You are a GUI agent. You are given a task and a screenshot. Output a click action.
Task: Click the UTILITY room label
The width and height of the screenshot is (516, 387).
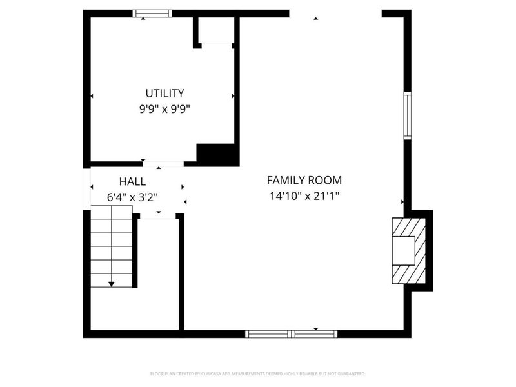pyautogui.click(x=164, y=94)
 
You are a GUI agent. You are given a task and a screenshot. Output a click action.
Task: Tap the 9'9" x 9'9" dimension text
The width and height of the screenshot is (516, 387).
pyautogui.click(x=164, y=109)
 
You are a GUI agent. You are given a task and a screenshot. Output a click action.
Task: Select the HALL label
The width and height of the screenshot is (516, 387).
pyautogui.click(x=132, y=182)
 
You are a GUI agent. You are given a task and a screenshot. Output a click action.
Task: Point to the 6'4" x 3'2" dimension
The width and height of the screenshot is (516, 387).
pyautogui.click(x=132, y=197)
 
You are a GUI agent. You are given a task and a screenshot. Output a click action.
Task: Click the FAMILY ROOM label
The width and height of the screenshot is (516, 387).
pyautogui.click(x=304, y=181)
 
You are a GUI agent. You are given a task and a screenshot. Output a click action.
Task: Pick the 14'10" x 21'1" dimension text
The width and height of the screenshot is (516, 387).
pyautogui.click(x=304, y=196)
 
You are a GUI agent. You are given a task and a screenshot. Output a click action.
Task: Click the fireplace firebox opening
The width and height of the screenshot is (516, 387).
pyautogui.click(x=404, y=250)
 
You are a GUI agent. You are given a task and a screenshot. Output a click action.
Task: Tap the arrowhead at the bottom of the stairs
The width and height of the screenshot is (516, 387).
pyautogui.click(x=112, y=284)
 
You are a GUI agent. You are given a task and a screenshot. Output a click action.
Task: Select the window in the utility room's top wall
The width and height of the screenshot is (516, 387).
pyautogui.click(x=152, y=14)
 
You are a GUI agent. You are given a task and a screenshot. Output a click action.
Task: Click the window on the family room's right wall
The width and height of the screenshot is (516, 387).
pyautogui.click(x=408, y=115)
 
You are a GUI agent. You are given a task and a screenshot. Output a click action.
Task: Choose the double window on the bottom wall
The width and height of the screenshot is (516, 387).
pyautogui.click(x=292, y=334)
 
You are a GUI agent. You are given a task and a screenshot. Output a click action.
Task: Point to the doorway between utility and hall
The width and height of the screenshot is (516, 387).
pyautogui.click(x=163, y=164)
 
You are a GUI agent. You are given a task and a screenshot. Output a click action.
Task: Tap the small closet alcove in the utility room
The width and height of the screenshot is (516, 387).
pyautogui.click(x=216, y=30)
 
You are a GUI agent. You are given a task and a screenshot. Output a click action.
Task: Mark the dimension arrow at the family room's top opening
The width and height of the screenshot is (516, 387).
pyautogui.click(x=316, y=19)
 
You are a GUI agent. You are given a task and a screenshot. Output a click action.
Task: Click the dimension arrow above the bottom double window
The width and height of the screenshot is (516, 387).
pyautogui.click(x=316, y=329)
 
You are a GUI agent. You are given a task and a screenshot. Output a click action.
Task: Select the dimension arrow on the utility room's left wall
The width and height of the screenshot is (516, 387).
pyautogui.click(x=92, y=96)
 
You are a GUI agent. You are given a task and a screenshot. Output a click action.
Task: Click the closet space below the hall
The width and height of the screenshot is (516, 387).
pyautogui.click(x=159, y=273)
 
